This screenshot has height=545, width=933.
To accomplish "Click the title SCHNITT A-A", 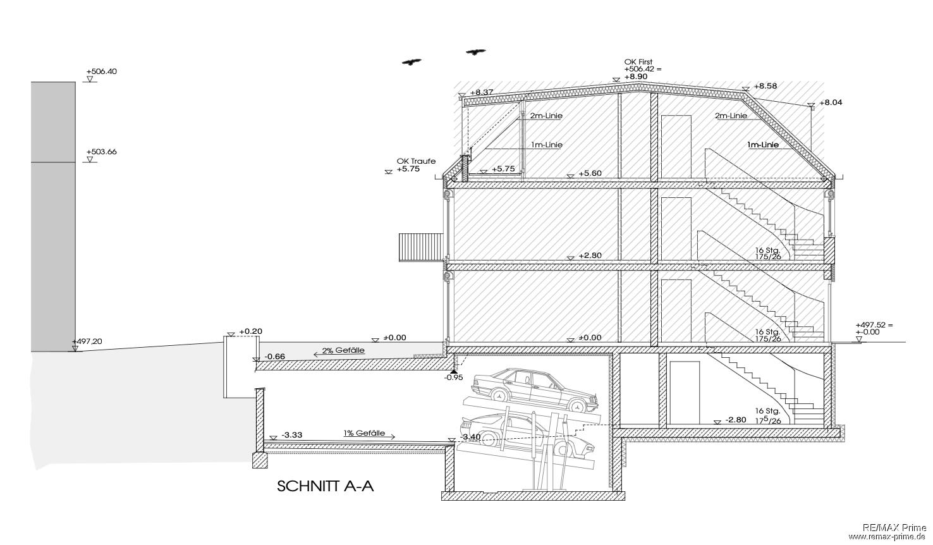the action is [x=326, y=486].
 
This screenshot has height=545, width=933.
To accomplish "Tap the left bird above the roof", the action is [x=412, y=62].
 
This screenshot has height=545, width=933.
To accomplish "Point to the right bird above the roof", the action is [x=475, y=52].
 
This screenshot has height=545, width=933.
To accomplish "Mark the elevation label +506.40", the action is [x=101, y=71].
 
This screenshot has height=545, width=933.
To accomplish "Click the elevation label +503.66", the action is [x=101, y=152].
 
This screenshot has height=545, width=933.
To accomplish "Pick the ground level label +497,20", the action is [x=87, y=341].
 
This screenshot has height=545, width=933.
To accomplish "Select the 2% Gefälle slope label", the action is [x=343, y=350].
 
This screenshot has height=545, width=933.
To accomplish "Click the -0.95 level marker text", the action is [x=454, y=377].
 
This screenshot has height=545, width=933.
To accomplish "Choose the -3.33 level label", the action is [x=292, y=435].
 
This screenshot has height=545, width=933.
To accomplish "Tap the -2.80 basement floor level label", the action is [x=736, y=420].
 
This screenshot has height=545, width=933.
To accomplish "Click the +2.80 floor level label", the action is [x=590, y=255].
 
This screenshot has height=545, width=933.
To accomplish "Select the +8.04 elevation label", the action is [x=831, y=102].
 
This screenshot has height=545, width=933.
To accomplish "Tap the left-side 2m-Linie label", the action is [x=546, y=116].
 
